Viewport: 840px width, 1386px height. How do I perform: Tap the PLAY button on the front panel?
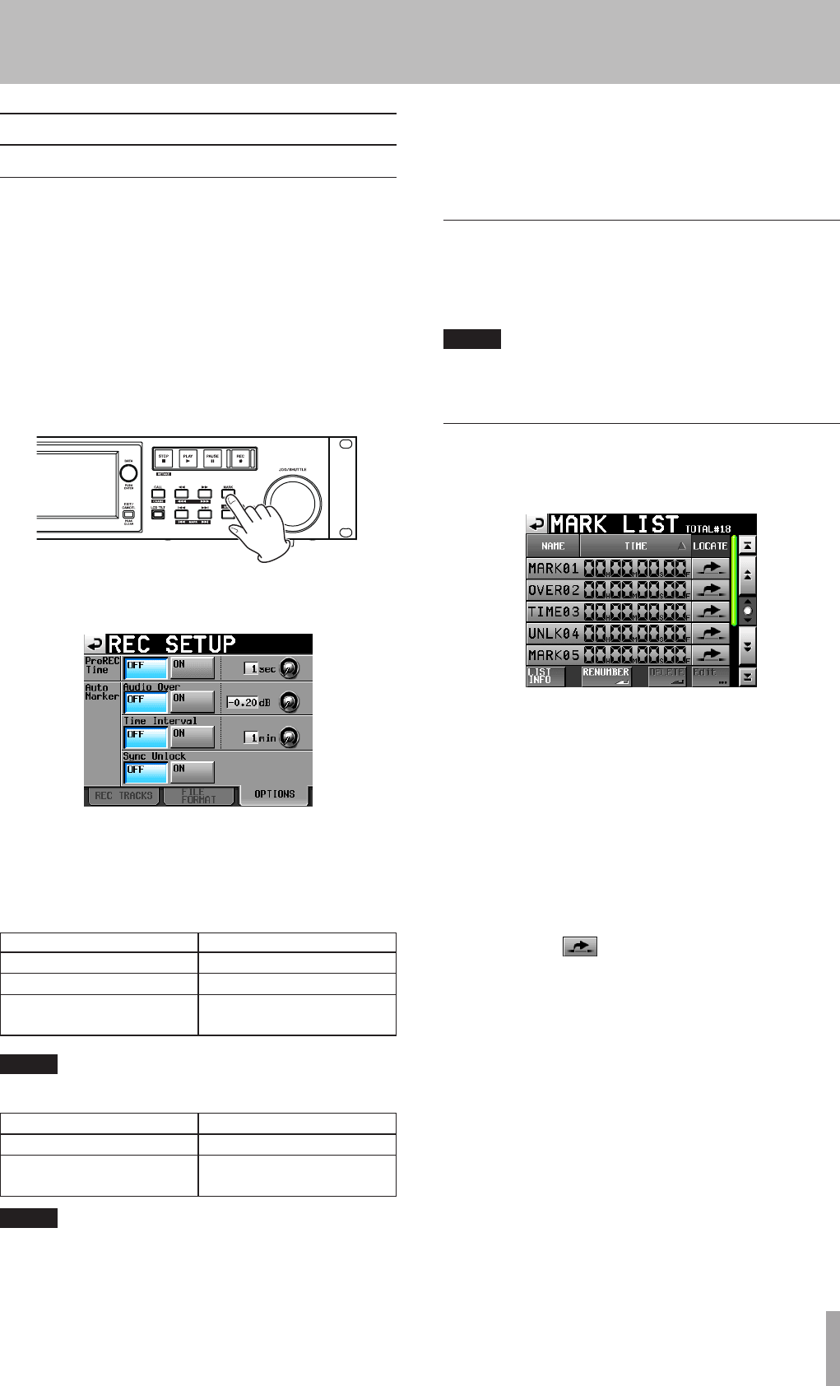pyautogui.click(x=188, y=458)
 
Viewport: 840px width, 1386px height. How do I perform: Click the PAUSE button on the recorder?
pyautogui.click(x=212, y=458)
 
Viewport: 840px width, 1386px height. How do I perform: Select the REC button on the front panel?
pyautogui.click(x=240, y=458)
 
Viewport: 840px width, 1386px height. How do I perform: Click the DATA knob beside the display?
pyautogui.click(x=128, y=473)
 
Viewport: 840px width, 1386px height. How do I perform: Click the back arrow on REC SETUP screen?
pyautogui.click(x=95, y=644)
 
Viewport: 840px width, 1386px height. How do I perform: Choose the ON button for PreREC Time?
pyautogui.click(x=192, y=667)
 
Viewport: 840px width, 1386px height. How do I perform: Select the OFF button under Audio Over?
pyautogui.click(x=146, y=702)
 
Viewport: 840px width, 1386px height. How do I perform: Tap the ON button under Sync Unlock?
pyautogui.click(x=192, y=772)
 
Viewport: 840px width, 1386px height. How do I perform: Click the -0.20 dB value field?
pyautogui.click(x=243, y=703)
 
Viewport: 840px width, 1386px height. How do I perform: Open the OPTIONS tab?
pyautogui.click(x=274, y=795)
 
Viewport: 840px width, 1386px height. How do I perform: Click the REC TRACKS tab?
pyautogui.click(x=123, y=796)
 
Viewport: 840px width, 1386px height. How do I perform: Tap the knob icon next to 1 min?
pyautogui.click(x=290, y=738)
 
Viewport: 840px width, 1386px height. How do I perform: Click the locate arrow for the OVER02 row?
pyautogui.click(x=710, y=590)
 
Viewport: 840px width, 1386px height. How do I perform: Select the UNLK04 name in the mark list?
pyautogui.click(x=554, y=634)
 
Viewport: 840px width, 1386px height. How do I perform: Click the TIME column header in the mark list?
pyautogui.click(x=635, y=546)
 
